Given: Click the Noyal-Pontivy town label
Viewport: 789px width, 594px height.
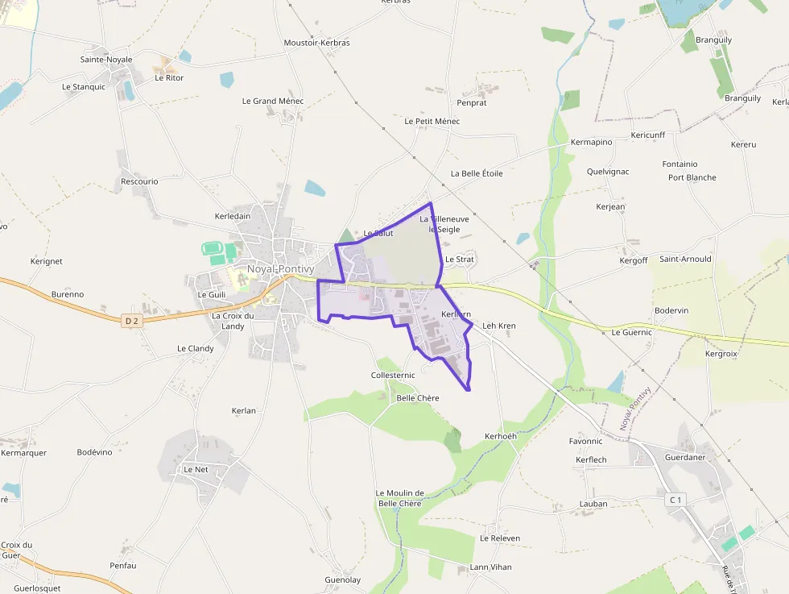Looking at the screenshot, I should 280,268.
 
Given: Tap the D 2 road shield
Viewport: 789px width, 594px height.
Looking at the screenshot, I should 133,321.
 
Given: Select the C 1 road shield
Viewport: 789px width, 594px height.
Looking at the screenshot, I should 675,501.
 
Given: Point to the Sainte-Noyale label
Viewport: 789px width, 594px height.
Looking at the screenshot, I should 106,60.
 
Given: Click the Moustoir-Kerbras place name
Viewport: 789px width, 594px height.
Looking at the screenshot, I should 317,43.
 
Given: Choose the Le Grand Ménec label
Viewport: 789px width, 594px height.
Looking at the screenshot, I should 273,102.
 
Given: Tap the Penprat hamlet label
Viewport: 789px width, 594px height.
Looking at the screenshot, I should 472,103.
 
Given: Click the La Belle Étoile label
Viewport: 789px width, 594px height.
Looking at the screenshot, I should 477,173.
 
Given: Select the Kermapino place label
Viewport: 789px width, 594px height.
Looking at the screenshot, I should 591,143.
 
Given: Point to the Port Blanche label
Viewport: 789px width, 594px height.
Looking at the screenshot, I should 692,177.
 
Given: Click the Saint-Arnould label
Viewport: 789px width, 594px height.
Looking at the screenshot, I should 685,260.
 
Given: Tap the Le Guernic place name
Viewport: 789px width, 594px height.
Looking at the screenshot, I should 632,332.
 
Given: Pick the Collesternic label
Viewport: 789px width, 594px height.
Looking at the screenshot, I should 393,376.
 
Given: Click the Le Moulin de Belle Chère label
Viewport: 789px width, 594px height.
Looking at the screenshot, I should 400,498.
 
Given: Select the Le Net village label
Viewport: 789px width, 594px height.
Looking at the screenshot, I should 196,469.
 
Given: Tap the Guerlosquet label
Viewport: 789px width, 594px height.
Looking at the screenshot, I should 37,588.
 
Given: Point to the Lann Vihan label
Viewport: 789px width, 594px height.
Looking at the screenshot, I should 490,567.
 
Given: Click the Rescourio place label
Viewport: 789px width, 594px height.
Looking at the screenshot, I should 139,181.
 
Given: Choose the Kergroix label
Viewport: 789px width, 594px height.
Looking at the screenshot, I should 721,354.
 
